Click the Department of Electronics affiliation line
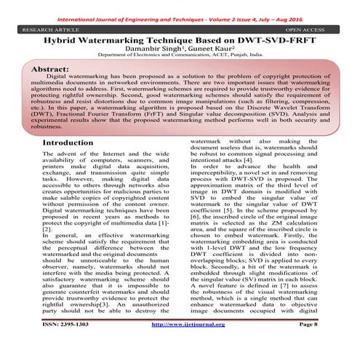(x=179, y=63)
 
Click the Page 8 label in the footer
(x=303, y=343)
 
